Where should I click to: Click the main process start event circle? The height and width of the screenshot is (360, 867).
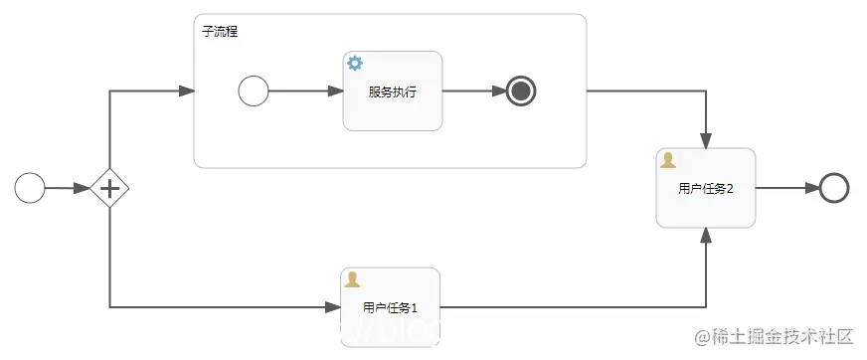(x=30, y=187)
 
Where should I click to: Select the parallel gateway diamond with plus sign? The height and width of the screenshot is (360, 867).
(x=109, y=187)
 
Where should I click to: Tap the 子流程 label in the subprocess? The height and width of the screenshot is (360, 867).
(x=220, y=32)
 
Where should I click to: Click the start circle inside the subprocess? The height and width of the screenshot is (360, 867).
(x=254, y=91)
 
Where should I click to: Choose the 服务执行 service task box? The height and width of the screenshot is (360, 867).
(x=392, y=91)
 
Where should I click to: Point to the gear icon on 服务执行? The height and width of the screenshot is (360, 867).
(x=355, y=64)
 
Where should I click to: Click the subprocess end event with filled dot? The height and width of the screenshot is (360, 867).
(x=521, y=91)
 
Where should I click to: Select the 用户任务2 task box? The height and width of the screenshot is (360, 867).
(x=705, y=188)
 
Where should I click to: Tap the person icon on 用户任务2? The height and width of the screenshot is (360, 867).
(x=668, y=160)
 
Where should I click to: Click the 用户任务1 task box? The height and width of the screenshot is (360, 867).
(x=390, y=306)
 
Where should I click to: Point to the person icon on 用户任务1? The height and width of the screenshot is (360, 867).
(x=352, y=279)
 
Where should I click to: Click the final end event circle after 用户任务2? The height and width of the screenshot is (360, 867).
(x=834, y=188)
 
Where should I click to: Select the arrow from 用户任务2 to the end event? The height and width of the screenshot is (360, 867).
(x=786, y=188)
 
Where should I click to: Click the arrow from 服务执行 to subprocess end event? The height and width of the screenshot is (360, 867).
(x=473, y=91)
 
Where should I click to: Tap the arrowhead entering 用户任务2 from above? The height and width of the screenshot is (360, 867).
(x=706, y=140)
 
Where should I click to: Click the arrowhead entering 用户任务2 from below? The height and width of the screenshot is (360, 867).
(x=706, y=236)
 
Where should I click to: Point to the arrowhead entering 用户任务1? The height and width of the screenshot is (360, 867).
(x=333, y=306)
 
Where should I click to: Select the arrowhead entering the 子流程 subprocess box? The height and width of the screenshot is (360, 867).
(x=186, y=91)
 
